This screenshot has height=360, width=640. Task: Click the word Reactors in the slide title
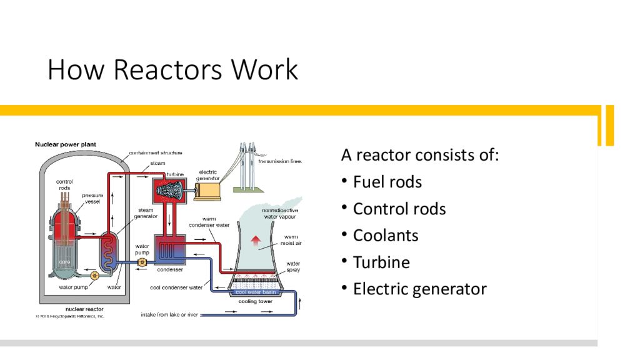click(168, 70)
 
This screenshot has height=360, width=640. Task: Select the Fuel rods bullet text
click(387, 182)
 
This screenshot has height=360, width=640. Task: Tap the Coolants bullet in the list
click(386, 236)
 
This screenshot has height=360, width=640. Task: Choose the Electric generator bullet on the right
click(419, 289)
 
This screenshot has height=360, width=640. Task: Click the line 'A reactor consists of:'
click(420, 155)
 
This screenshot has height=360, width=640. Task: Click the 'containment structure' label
click(156, 152)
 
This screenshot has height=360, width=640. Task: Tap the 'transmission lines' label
click(279, 161)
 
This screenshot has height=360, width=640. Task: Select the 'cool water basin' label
click(256, 292)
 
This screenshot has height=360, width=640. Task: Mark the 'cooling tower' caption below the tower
click(256, 301)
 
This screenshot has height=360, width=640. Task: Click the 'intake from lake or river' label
click(169, 314)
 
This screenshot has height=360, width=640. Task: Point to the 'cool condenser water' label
click(176, 287)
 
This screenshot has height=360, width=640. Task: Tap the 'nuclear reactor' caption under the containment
click(85, 309)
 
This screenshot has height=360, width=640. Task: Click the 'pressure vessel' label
click(93, 199)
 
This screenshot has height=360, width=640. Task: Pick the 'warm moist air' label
click(291, 241)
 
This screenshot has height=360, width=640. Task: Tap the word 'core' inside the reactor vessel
click(65, 261)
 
